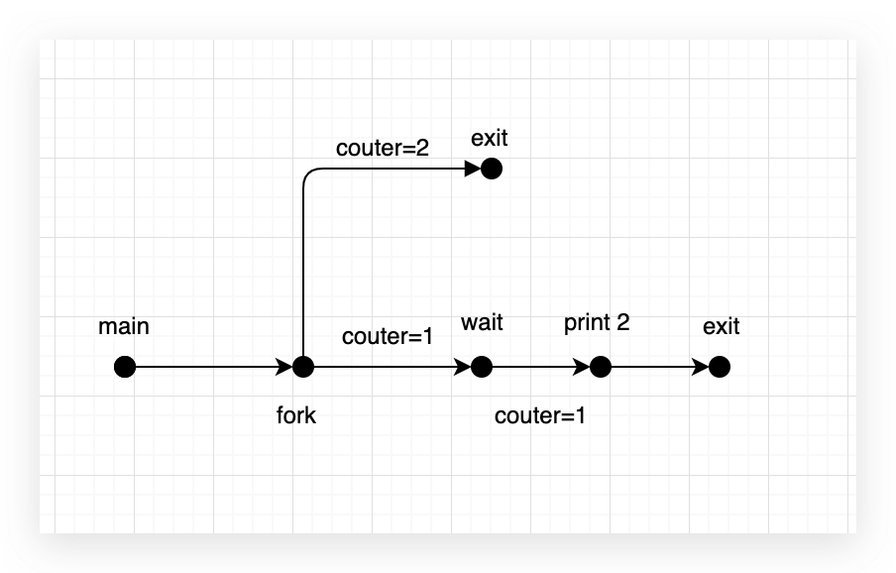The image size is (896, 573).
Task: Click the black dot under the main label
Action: pyautogui.click(x=125, y=367)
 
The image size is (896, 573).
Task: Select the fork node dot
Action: pyautogui.click(x=303, y=367)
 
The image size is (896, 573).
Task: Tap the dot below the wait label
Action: pyautogui.click(x=482, y=367)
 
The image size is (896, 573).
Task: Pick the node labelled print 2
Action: pyautogui.click(x=601, y=367)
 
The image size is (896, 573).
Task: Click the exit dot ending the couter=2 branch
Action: pyautogui.click(x=492, y=169)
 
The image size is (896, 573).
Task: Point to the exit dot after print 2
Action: pyautogui.click(x=720, y=367)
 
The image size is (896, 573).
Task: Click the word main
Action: pyautogui.click(x=124, y=326)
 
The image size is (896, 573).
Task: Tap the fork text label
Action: pyautogui.click(x=296, y=414)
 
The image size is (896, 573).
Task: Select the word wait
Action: pyautogui.click(x=482, y=322)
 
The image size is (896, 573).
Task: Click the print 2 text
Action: pyautogui.click(x=597, y=322)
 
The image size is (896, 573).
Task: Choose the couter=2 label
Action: pyautogui.click(x=383, y=149)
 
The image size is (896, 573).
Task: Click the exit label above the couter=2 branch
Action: pyautogui.click(x=490, y=138)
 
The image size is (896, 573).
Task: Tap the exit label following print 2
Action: pyautogui.click(x=721, y=326)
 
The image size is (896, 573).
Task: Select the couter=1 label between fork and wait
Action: pyautogui.click(x=388, y=336)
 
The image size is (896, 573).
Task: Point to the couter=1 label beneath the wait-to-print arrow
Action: pyautogui.click(x=540, y=415)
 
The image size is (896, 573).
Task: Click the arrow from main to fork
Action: pyautogui.click(x=213, y=367)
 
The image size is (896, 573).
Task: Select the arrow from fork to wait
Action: pyautogui.click(x=392, y=367)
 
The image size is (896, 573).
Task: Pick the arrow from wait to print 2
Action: pyautogui.click(x=540, y=367)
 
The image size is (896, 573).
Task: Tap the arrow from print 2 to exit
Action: pyautogui.click(x=659, y=367)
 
